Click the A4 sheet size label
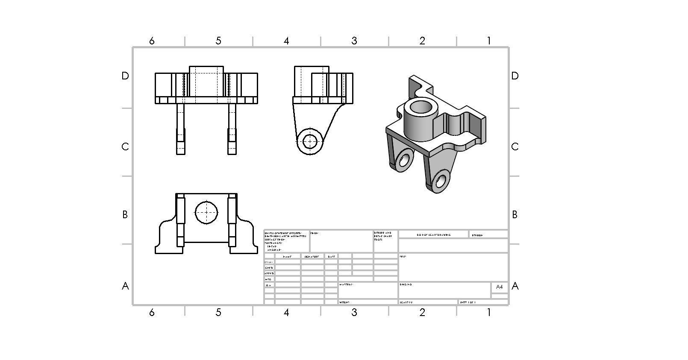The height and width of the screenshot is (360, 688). [x=499, y=287]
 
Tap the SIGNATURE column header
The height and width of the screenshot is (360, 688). [x=312, y=257]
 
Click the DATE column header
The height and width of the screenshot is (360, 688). [x=331, y=257]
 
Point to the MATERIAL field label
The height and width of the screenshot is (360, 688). [x=347, y=284]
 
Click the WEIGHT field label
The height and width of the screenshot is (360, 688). [x=345, y=302]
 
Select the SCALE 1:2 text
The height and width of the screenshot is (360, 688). [x=406, y=302]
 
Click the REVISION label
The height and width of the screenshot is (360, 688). [x=477, y=235]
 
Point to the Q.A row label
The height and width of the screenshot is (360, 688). [x=268, y=285]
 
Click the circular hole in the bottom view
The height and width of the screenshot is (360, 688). [x=206, y=212]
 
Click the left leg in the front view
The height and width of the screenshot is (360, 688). [x=181, y=128]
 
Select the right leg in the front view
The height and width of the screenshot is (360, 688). [x=232, y=128]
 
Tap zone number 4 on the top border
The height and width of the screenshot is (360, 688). [x=286, y=41]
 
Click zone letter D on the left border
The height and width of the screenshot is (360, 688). [x=125, y=76]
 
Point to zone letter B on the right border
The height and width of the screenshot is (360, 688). [x=515, y=215]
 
